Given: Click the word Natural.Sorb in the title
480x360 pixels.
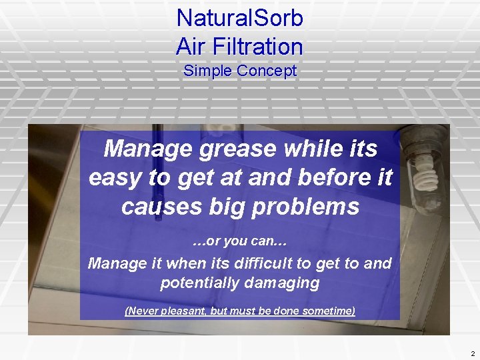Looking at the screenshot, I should click(x=239, y=18).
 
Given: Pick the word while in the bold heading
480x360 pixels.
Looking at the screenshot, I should click(x=313, y=148).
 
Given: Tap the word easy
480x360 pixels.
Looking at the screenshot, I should click(x=114, y=177).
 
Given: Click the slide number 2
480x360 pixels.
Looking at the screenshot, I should click(x=472, y=353).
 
